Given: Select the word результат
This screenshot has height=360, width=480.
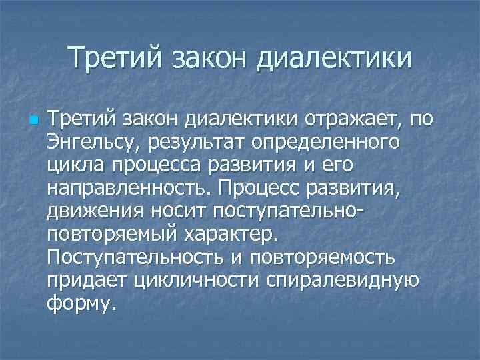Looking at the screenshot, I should point(207,142).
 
